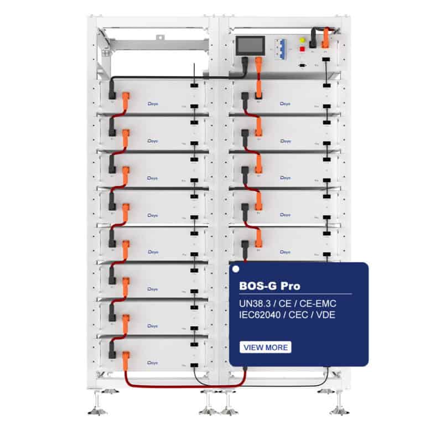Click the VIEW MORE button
coord(265,347)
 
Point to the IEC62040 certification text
coord(262,316)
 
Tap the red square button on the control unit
coord(302,49)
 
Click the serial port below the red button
coord(303,65)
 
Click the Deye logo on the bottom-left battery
coord(154,362)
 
